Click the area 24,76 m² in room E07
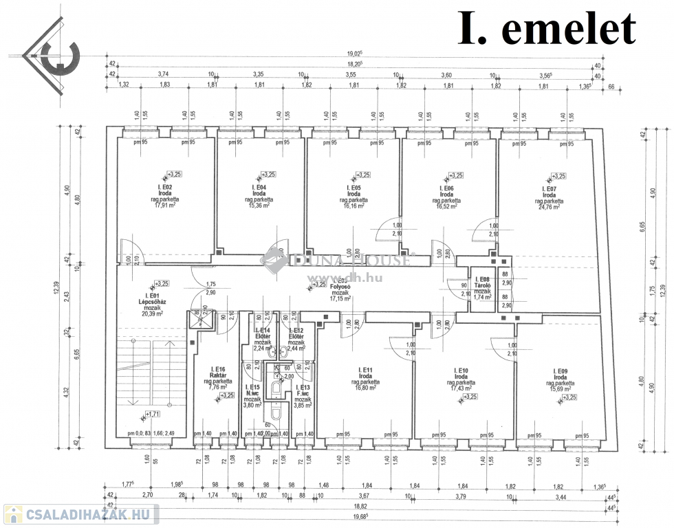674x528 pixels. pos(548,206)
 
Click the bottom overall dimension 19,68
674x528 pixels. pos(356,516)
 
